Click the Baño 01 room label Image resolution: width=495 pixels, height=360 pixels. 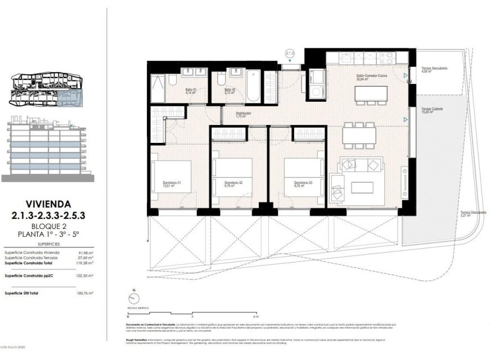pos(191,91)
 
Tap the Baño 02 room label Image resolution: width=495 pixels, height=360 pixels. pos(229,91)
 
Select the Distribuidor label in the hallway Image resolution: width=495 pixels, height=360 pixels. pos(244,114)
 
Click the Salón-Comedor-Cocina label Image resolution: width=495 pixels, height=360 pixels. pos(370,76)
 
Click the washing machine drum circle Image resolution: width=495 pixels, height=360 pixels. pos(314,89)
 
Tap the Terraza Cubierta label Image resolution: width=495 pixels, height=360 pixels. pos(434,109)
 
